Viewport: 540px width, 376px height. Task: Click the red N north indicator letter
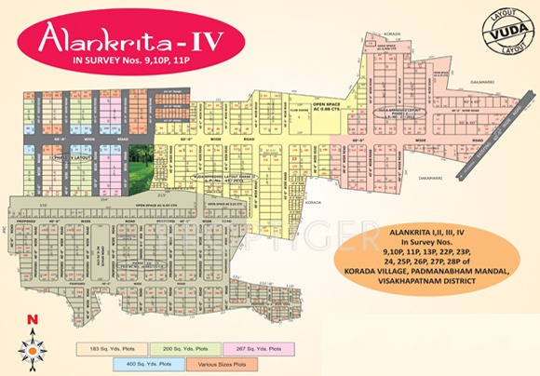34,322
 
